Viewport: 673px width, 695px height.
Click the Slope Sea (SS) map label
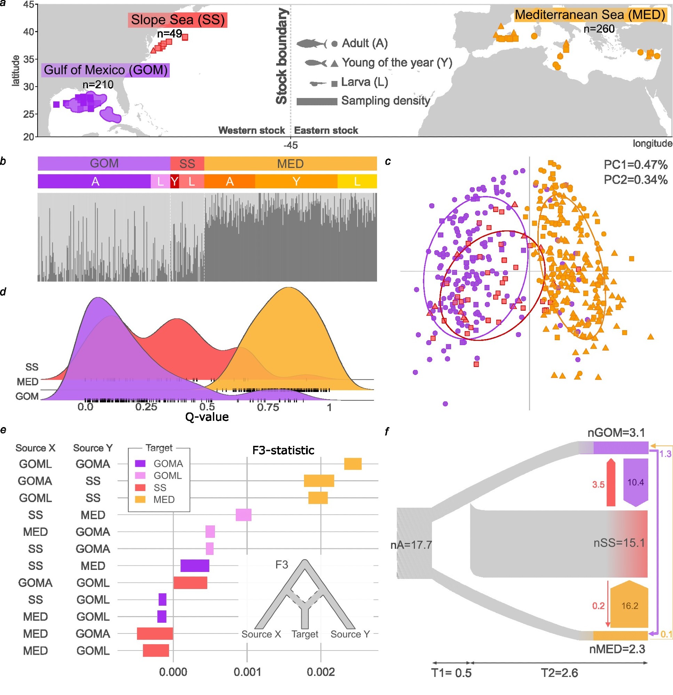[177, 20]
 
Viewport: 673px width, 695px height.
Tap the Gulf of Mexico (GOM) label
[105, 70]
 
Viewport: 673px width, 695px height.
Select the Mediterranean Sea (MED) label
[590, 15]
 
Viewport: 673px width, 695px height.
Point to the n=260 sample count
[599, 29]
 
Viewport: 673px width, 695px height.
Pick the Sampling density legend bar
[317, 102]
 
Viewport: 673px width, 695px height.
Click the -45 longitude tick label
[290, 145]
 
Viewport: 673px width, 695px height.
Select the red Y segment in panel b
[174, 181]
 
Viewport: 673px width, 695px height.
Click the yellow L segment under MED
[357, 181]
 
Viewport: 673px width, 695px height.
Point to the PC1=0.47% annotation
[635, 165]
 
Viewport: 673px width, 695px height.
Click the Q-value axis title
[207, 417]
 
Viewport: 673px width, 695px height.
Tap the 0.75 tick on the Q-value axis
[268, 407]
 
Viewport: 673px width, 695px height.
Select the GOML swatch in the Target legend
[140, 475]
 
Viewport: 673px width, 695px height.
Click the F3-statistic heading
[283, 450]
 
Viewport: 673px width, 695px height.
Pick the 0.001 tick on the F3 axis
[247, 672]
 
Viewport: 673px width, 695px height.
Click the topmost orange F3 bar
[352, 464]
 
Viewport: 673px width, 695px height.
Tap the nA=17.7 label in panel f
[411, 545]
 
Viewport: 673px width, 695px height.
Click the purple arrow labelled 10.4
[635, 482]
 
